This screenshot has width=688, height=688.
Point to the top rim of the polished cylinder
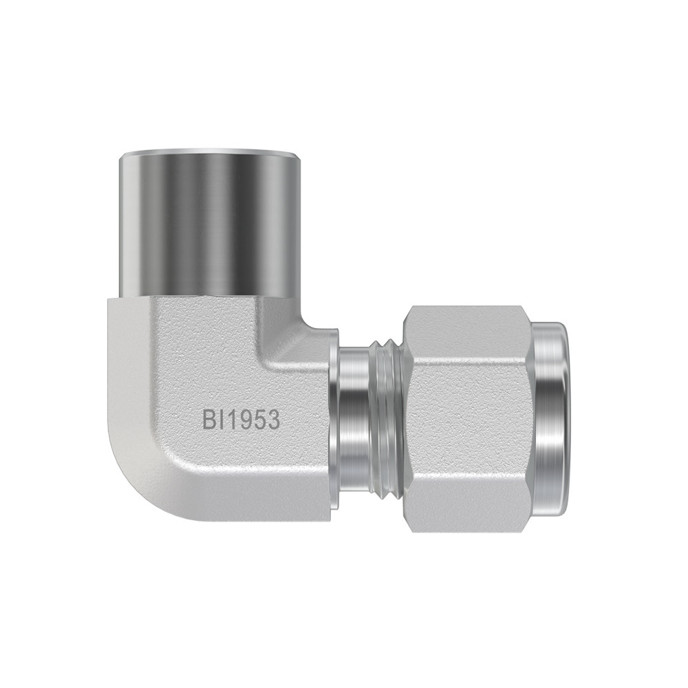pos(210,155)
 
